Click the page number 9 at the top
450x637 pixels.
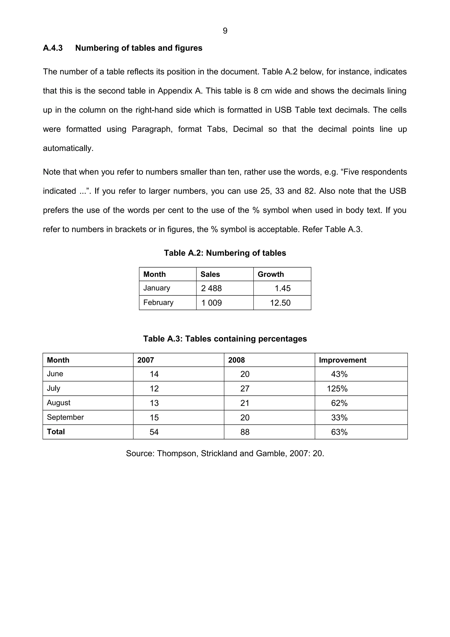pyautogui.click(x=225, y=31)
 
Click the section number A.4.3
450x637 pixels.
pyautogui.click(x=53, y=48)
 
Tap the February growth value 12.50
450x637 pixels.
pyautogui.click(x=280, y=303)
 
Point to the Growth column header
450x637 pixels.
pyautogui.click(x=271, y=274)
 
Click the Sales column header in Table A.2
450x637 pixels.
pyautogui.click(x=210, y=274)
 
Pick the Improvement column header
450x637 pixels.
pyautogui.click(x=342, y=360)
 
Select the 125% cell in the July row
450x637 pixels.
pyautogui.click(x=337, y=389)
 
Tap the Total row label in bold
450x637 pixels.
pyautogui.click(x=56, y=432)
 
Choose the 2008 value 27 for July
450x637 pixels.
pyautogui.click(x=245, y=389)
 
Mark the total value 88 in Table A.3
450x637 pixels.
pyautogui.click(x=245, y=432)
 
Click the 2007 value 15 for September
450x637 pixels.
pyautogui.click(x=154, y=418)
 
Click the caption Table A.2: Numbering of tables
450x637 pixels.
pyautogui.click(x=225, y=253)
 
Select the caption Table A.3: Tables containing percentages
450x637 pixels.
pyautogui.click(x=225, y=339)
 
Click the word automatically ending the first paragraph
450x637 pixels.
pyautogui.click(x=68, y=148)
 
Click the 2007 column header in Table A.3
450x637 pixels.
pyautogui.click(x=145, y=360)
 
